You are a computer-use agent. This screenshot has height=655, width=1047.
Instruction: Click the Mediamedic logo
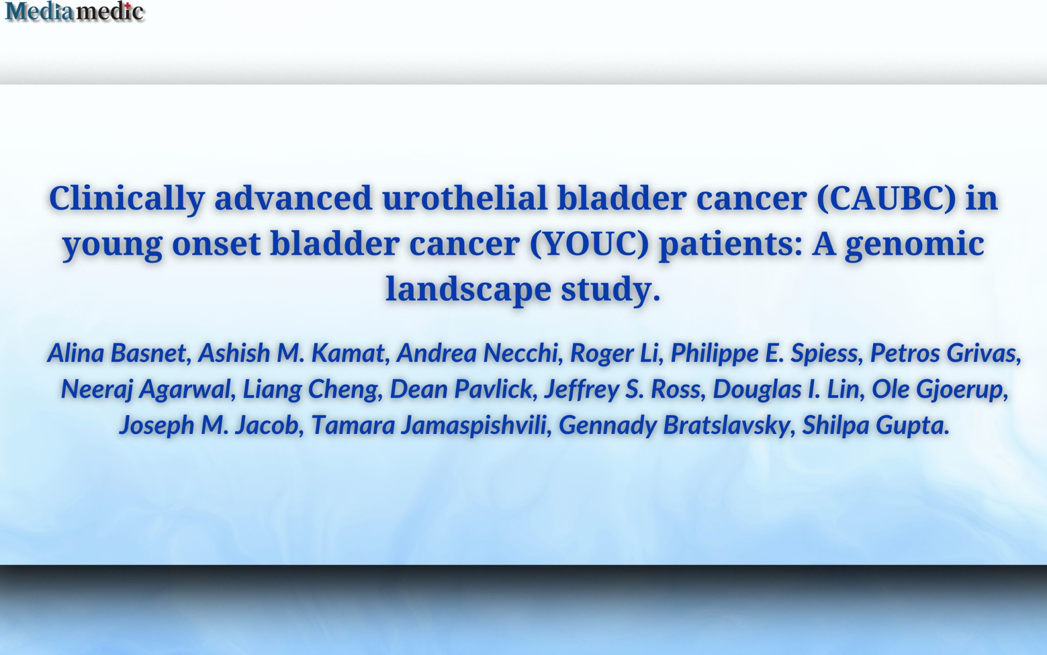click(75, 11)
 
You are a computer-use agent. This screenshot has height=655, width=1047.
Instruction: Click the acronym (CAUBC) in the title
click(886, 198)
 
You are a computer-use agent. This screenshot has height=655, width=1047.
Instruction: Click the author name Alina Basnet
click(117, 353)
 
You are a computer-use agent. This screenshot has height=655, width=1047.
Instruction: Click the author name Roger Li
click(613, 353)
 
